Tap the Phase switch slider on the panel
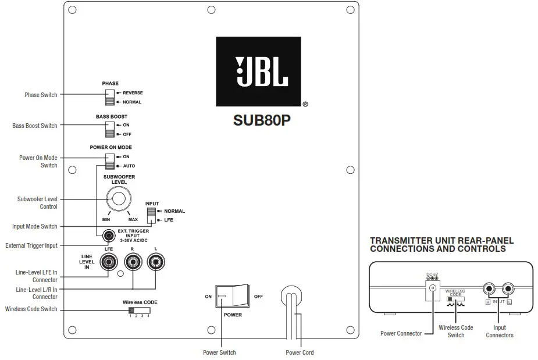[109, 97]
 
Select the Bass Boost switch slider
[109, 129]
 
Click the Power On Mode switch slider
[109, 161]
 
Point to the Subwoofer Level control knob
[118, 199]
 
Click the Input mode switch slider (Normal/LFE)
[151, 215]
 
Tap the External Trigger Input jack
[108, 236]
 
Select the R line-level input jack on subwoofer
[133, 263]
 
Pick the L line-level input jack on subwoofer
[155, 263]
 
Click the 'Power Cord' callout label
[299, 352]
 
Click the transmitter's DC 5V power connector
[432, 287]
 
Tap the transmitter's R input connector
[490, 287]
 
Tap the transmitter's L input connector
[509, 287]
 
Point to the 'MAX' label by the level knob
[133, 220]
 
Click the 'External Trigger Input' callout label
[31, 245]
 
